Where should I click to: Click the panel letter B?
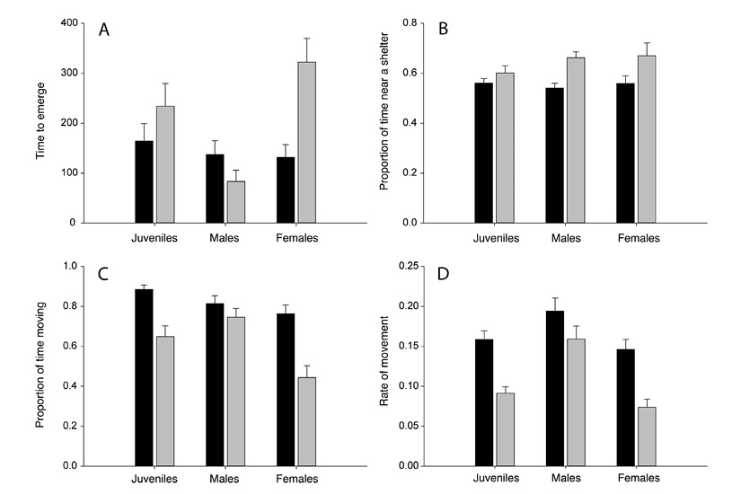(443, 30)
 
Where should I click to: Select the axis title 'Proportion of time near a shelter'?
(384, 122)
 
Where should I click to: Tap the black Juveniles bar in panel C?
(144, 377)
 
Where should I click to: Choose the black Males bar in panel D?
(555, 388)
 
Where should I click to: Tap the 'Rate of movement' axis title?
(384, 366)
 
